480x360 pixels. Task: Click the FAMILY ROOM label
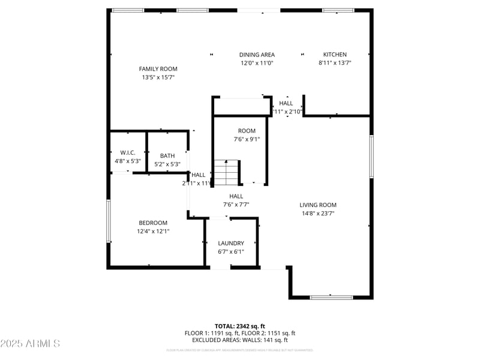tap(158, 69)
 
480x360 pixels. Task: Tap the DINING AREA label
tap(257, 55)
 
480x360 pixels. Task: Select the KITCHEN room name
tap(335, 55)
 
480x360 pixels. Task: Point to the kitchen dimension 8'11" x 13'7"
tap(335, 62)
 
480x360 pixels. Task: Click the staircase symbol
tap(227, 173)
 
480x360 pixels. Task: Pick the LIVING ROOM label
tap(318, 205)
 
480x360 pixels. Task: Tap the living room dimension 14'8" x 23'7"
tap(318, 212)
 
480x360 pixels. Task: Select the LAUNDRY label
tap(231, 243)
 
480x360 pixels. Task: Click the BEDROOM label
tap(153, 223)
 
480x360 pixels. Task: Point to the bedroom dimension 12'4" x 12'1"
tap(153, 231)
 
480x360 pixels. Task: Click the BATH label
tap(167, 156)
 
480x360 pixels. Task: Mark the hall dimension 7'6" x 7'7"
tap(236, 205)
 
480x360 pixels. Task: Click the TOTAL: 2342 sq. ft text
tap(239, 326)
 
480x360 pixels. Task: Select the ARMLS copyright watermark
tap(30, 344)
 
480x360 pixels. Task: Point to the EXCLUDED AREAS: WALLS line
tap(239, 340)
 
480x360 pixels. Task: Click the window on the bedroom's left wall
tap(109, 221)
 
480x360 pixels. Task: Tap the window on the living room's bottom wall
tap(331, 296)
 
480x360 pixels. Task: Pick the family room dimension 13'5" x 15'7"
tap(158, 77)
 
